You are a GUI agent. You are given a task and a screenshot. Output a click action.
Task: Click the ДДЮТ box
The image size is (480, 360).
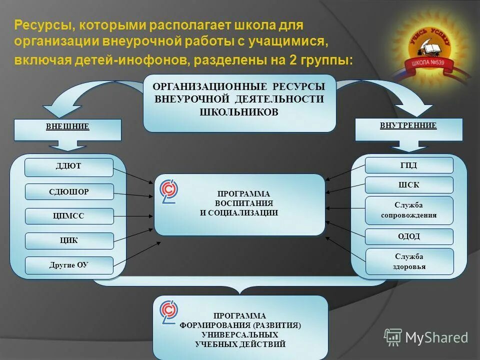69,167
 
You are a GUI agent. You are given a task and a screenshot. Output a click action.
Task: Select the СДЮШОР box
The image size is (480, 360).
69,191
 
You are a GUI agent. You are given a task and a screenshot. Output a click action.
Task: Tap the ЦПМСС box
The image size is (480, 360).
69,216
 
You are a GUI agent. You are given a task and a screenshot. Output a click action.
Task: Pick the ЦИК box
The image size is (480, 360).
69,240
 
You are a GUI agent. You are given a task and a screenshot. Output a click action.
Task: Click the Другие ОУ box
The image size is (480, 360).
69,265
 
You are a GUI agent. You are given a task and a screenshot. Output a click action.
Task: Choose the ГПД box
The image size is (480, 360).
409,165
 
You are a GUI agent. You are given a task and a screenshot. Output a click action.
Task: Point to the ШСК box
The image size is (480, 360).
409,185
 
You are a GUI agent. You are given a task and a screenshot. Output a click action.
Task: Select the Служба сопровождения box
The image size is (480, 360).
409,210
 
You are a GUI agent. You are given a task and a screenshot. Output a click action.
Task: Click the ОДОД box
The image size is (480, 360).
409,236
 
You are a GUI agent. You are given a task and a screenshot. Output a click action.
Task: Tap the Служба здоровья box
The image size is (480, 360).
409,261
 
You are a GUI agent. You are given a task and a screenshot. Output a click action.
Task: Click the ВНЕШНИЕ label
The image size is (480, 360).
67,126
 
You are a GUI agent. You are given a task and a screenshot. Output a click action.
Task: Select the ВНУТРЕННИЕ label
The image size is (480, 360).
408,125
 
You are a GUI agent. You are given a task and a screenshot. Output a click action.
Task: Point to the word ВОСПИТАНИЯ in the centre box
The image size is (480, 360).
244,203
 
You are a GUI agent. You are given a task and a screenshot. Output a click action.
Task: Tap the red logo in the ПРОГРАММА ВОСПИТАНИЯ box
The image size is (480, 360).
169,192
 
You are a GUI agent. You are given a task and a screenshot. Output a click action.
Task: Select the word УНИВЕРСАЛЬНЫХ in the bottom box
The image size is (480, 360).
240,334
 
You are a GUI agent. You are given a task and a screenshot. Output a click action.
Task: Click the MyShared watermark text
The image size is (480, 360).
436,337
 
